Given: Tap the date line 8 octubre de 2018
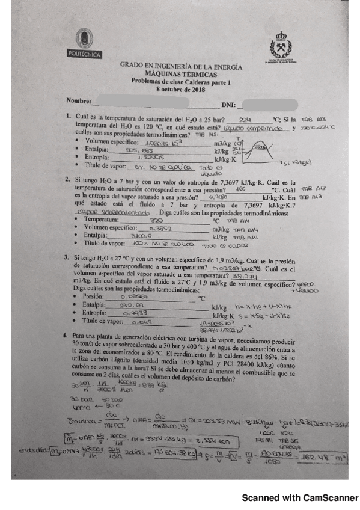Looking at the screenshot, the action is click(x=181, y=88).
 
